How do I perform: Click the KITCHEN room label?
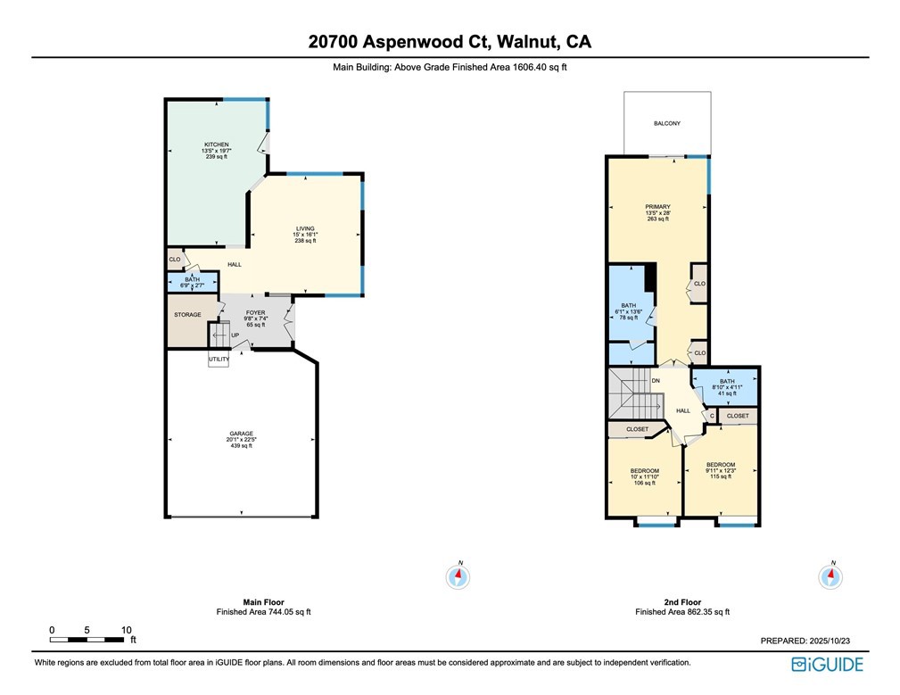point(216,145)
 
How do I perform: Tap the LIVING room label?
point(306,228)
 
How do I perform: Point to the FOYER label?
point(256,313)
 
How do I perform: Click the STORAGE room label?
point(187,314)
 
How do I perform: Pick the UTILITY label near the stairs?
point(219,360)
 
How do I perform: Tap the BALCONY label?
point(667,123)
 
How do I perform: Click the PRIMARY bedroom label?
point(657,207)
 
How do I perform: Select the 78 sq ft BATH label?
point(629,305)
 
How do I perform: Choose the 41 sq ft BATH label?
point(727,381)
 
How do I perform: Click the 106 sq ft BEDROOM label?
point(644,470)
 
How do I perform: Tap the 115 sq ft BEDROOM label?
point(721,465)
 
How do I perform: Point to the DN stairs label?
point(656,381)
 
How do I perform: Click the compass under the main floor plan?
point(459,576)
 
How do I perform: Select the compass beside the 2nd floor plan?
point(831,576)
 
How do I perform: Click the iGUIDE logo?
point(829,664)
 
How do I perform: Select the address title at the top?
point(450,41)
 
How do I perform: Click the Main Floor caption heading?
point(263,601)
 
